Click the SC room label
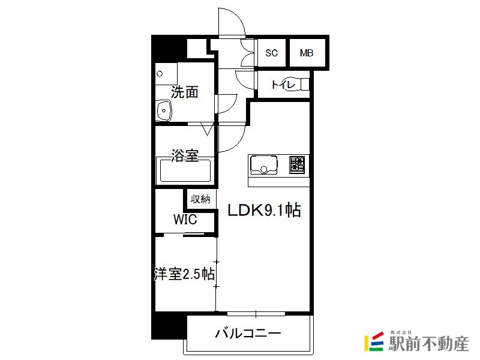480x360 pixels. coord(271,53)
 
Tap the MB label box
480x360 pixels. coord(307,53)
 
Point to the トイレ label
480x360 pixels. coord(283,84)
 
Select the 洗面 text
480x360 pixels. coord(184,92)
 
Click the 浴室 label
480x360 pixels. coord(184,155)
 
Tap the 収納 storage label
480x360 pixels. coord(200,199)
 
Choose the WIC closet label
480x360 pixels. coord(185,219)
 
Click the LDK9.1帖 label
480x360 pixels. coord(264,211)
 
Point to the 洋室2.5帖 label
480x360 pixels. coord(184,274)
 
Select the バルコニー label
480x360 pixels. coord(248,333)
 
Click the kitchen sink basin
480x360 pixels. coord(264,166)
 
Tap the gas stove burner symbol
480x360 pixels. coord(297,165)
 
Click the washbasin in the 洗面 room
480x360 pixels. coord(164,110)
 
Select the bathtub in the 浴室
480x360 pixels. coord(185,170)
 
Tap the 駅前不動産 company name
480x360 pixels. coord(428,344)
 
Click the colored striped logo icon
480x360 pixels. coord(374,341)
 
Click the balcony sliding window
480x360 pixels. coord(256,314)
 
